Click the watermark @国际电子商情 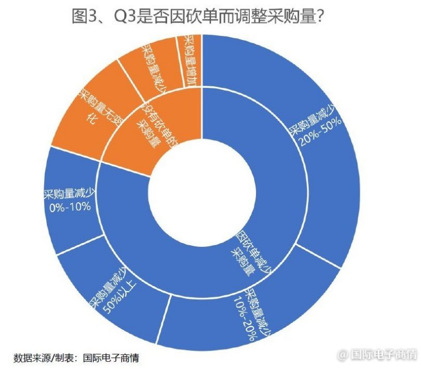pyautogui.click(x=377, y=354)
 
